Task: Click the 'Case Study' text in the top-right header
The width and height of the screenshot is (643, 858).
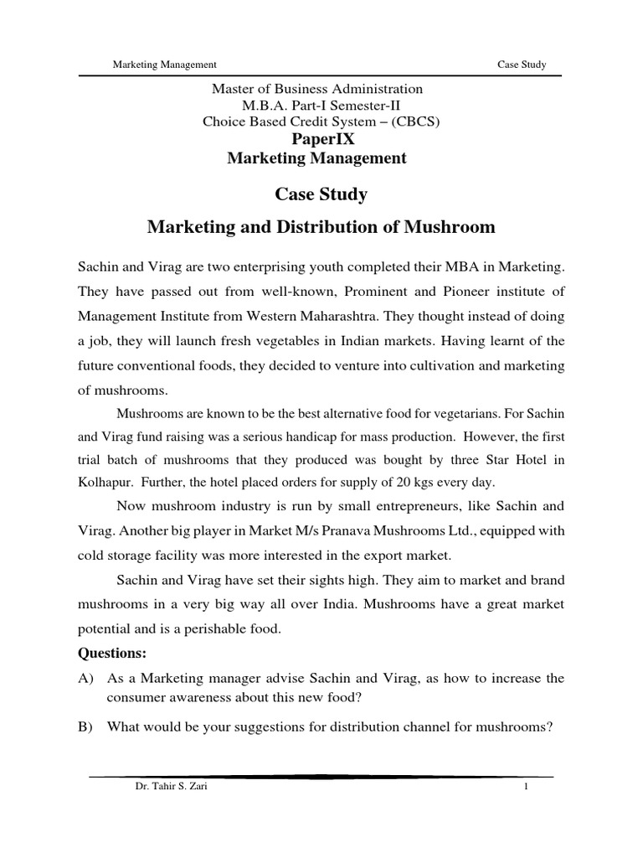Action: tap(521, 65)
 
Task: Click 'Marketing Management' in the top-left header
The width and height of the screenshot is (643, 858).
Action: tap(166, 65)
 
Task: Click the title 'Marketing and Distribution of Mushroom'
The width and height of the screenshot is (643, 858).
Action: tap(321, 227)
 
